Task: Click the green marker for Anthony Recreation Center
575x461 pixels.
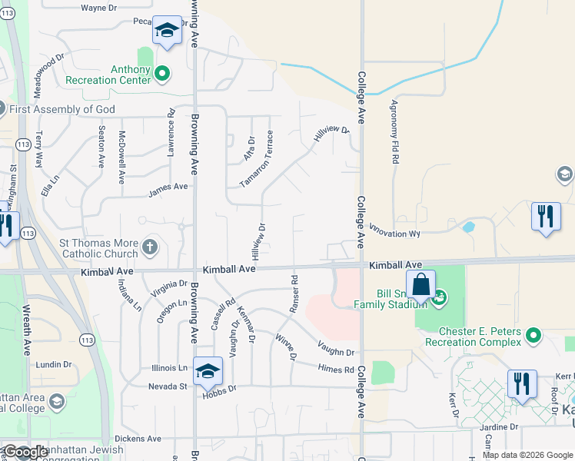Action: pos(161,74)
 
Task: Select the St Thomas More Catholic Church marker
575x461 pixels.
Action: pos(150,247)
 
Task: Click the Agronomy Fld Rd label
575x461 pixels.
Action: pos(395,132)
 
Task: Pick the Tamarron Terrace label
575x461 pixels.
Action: pos(257,159)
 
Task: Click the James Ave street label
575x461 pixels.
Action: pos(168,187)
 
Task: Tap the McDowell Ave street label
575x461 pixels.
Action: pos(121,158)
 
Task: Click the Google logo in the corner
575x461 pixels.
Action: pos(25,452)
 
